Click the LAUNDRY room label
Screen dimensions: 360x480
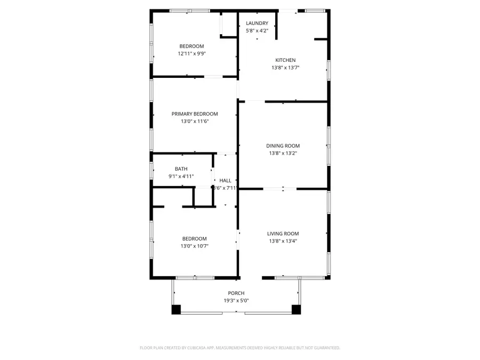(x=257, y=23)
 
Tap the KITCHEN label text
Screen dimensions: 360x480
(x=285, y=60)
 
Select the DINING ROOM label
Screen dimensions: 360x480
(x=283, y=146)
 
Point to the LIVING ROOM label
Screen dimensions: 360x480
(x=283, y=234)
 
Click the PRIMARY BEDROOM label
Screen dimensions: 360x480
(x=195, y=114)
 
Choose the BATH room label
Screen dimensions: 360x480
(x=181, y=169)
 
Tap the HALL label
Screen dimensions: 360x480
(x=225, y=181)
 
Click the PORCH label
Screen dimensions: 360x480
(x=236, y=293)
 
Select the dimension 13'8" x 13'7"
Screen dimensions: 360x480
(x=285, y=68)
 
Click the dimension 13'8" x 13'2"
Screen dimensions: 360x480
(x=283, y=153)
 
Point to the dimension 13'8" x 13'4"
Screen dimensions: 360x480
(x=283, y=241)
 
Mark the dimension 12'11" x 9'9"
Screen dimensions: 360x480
(x=191, y=54)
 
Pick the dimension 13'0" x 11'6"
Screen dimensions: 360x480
(x=195, y=122)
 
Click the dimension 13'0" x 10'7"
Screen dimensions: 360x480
(x=195, y=246)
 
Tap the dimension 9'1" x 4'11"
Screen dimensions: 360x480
(x=181, y=177)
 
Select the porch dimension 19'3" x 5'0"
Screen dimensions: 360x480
(x=236, y=301)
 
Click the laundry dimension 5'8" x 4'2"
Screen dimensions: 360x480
(x=257, y=31)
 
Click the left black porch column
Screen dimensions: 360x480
(x=177, y=309)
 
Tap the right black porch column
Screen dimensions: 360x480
(x=296, y=309)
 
